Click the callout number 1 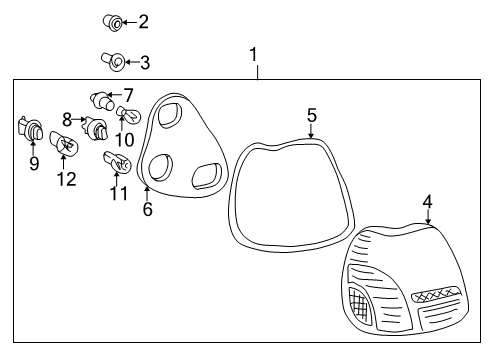[x=254, y=53]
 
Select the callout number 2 [x=143, y=21]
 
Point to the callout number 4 [x=427, y=202]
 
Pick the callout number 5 [x=312, y=116]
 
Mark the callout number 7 [x=127, y=95]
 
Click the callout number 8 [x=68, y=119]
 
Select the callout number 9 [x=34, y=163]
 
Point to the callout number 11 [x=118, y=192]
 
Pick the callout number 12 [x=66, y=179]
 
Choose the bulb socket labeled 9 [x=32, y=131]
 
